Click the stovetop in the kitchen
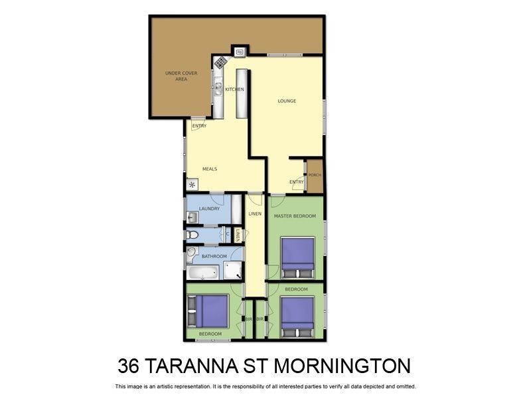(x=220, y=63)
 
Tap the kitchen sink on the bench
(x=218, y=86)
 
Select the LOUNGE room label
(x=287, y=101)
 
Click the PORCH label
(x=315, y=175)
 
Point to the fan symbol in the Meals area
(x=192, y=185)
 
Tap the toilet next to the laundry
(x=191, y=234)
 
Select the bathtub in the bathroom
(x=203, y=273)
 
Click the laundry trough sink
(x=192, y=217)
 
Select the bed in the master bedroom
(x=297, y=257)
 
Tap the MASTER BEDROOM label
(x=295, y=215)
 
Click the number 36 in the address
(x=128, y=366)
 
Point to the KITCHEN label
(x=234, y=89)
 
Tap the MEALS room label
(x=210, y=169)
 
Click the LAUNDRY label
(x=209, y=208)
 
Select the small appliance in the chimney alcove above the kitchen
(x=240, y=51)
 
